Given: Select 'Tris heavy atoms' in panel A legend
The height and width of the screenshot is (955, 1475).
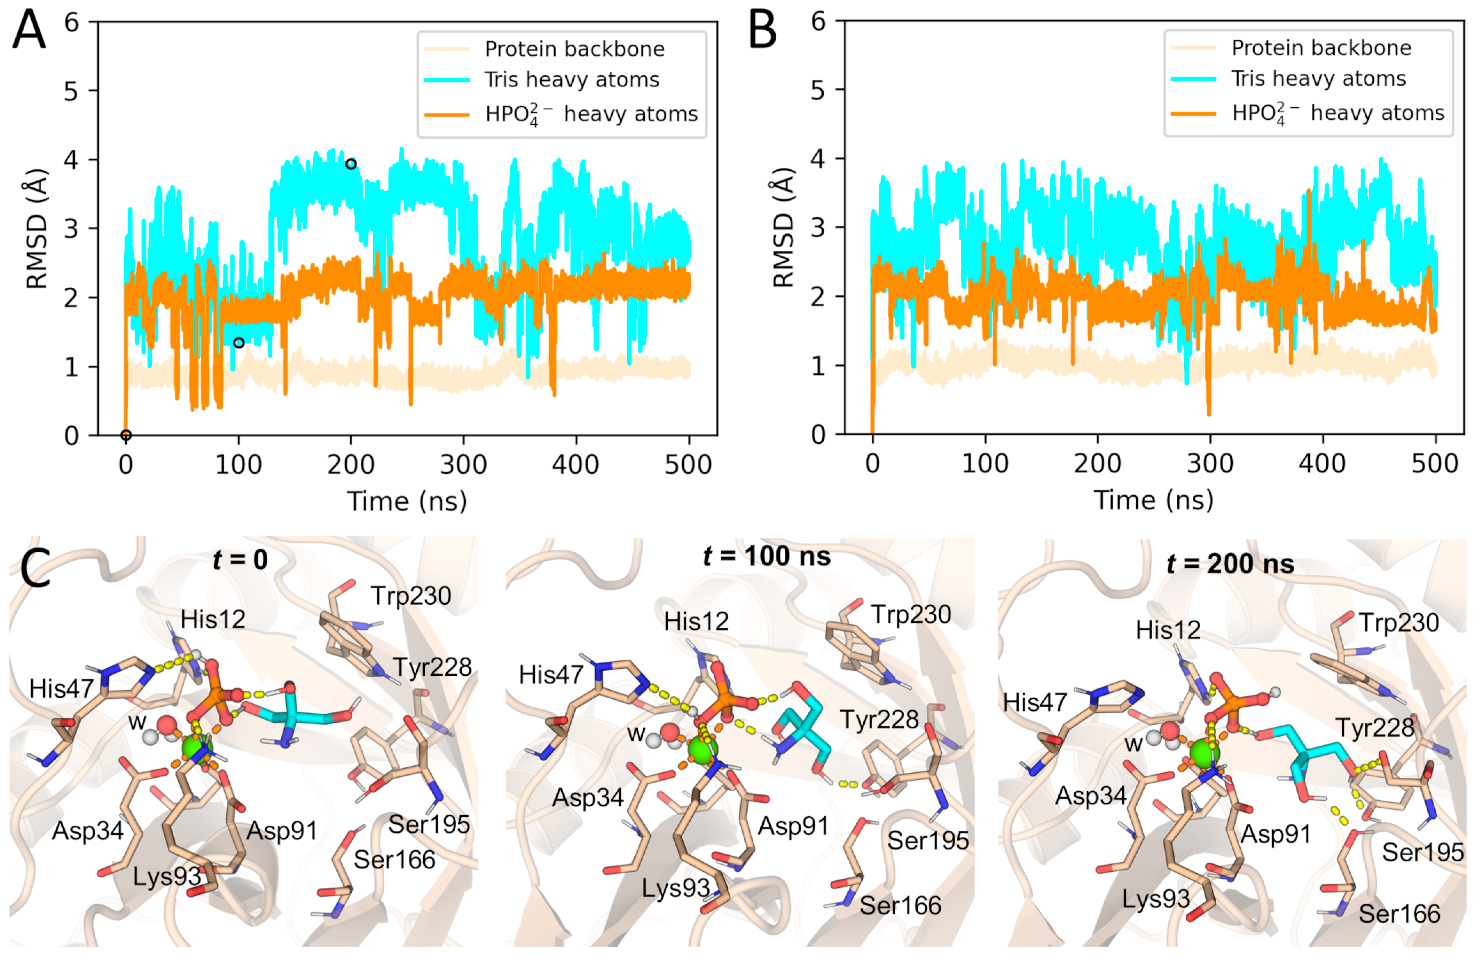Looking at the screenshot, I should (x=571, y=80).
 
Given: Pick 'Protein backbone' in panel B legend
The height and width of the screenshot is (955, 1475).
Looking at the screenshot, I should (x=1321, y=48).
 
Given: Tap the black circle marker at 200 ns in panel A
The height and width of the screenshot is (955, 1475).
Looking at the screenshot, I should (x=351, y=164).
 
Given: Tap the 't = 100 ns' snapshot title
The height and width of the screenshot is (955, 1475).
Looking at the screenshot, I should (x=767, y=556).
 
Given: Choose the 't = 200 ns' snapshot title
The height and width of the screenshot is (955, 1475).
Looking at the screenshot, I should (x=1230, y=564).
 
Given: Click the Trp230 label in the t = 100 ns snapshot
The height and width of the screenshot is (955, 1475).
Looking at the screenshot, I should (x=911, y=614).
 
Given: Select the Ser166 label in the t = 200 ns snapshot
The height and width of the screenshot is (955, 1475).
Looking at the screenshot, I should (x=1399, y=914).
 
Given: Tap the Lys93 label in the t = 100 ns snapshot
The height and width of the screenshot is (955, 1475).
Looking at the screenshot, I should (x=675, y=888).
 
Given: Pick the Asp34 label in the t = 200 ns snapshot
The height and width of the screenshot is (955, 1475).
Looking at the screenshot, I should (x=1091, y=795).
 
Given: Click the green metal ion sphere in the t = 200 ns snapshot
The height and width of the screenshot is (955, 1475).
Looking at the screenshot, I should (x=1204, y=753).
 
